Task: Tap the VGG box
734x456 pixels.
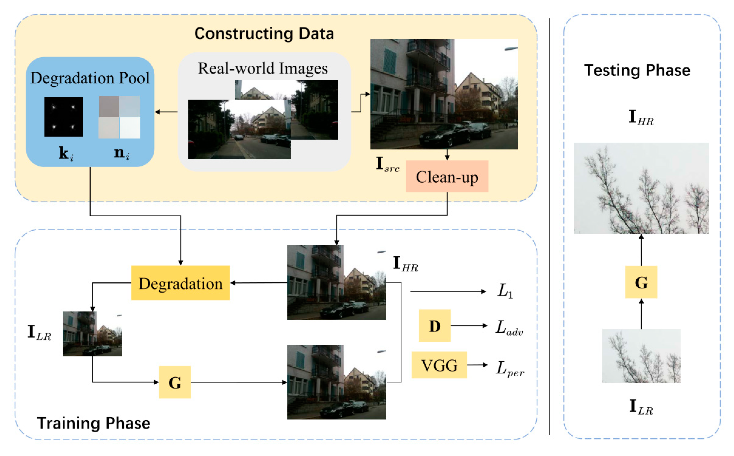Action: (x=439, y=365)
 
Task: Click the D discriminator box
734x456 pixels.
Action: (x=434, y=325)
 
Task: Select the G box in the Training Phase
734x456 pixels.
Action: (x=175, y=382)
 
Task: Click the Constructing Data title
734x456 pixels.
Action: (x=264, y=33)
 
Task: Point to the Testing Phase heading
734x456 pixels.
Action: (x=637, y=70)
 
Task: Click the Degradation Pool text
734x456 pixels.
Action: (x=90, y=78)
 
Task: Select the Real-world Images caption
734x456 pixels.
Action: (x=263, y=68)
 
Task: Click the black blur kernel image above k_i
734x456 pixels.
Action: (x=63, y=117)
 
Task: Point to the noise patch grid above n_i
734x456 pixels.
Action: (x=119, y=117)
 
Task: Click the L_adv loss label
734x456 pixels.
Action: (x=509, y=327)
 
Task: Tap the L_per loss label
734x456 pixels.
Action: (x=509, y=369)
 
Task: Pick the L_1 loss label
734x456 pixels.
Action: (x=505, y=291)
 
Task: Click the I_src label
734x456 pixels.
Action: (x=387, y=164)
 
